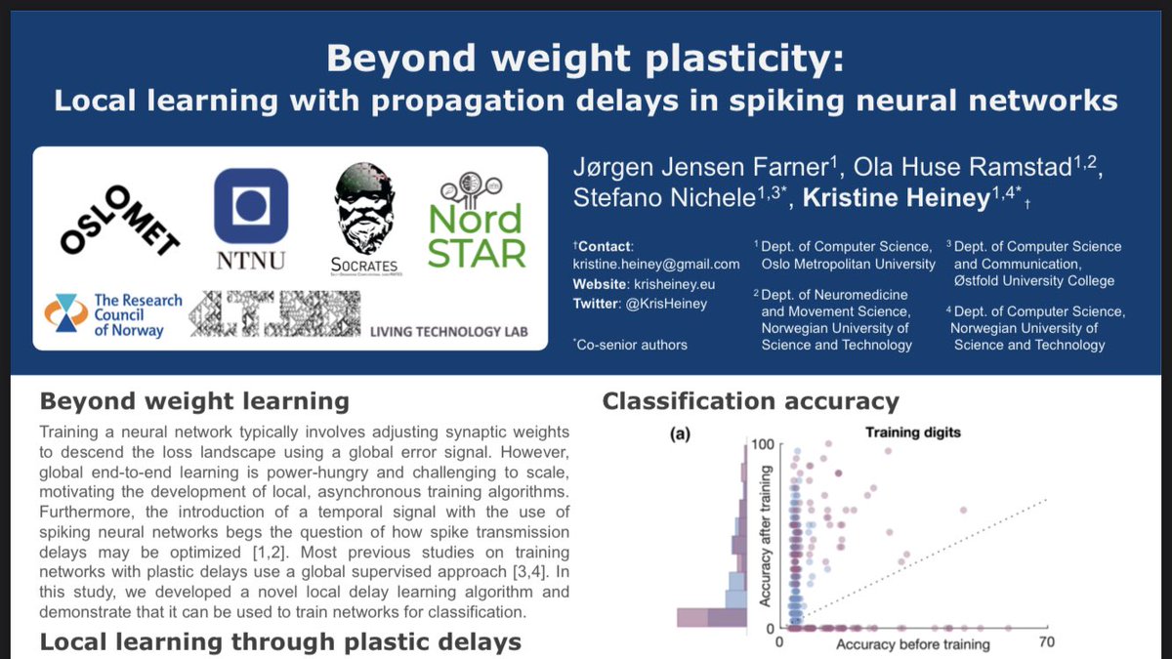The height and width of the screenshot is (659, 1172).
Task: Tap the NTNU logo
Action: click(x=250, y=218)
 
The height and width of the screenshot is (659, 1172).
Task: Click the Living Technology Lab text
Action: click(x=448, y=332)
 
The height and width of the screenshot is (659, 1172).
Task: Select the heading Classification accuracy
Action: click(x=750, y=401)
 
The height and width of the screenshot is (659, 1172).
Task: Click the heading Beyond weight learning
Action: click(x=192, y=401)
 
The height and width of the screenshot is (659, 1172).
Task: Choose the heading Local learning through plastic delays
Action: click(x=279, y=641)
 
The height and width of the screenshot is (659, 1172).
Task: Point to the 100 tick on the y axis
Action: click(x=762, y=445)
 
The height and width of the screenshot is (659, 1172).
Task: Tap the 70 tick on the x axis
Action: click(x=1047, y=642)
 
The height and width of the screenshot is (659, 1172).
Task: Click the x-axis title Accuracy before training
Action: click(x=913, y=643)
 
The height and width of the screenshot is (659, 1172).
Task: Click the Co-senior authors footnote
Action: click(x=631, y=344)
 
